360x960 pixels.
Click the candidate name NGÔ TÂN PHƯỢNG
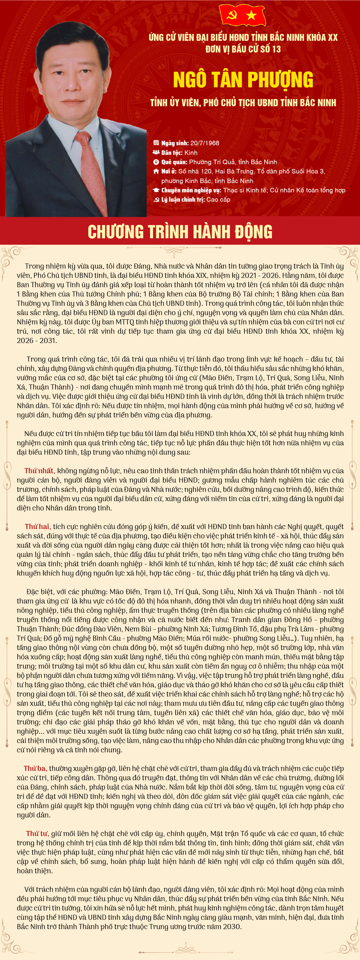[243, 80]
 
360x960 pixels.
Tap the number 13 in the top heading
[276, 49]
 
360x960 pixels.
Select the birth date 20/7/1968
[205, 143]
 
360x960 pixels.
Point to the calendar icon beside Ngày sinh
[156, 143]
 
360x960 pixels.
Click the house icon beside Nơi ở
[156, 171]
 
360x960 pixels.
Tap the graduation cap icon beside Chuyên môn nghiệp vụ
[156, 190]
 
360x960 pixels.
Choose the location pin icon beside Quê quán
[156, 162]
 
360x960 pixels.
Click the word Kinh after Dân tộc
[191, 152]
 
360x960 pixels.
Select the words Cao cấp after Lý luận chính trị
[218, 199]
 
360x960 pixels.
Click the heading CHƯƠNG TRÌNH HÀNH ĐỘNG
[180, 231]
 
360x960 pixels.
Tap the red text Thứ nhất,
[40, 471]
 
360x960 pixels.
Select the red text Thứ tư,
[37, 834]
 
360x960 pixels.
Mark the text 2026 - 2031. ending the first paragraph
[37, 341]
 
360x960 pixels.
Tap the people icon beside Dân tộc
[156, 152]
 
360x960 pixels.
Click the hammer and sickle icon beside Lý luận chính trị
[156, 200]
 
